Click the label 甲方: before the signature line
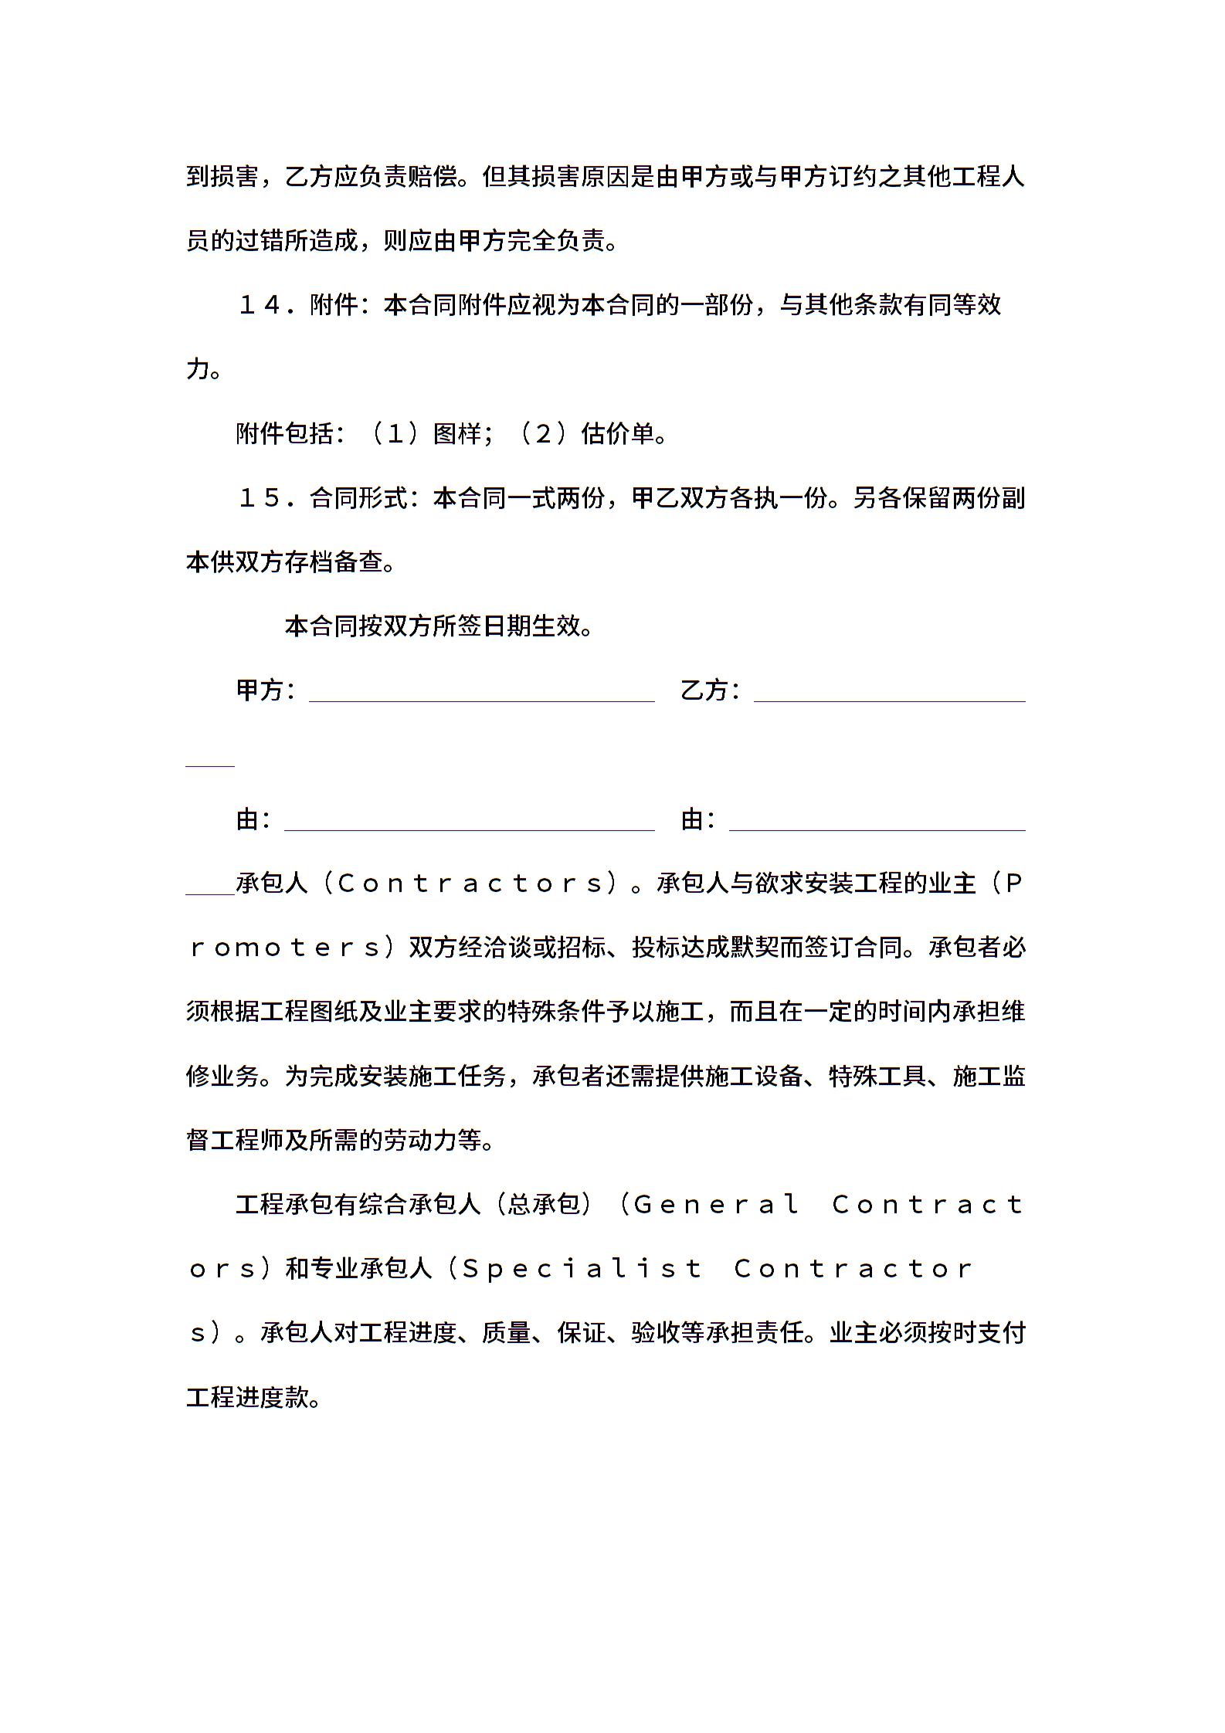tap(265, 690)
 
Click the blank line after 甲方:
tap(481, 700)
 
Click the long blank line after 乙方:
tap(889, 700)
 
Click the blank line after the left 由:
tap(469, 829)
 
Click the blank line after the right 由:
tap(877, 829)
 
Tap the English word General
tap(716, 1204)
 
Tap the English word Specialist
tap(582, 1268)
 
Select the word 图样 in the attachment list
tap(457, 434)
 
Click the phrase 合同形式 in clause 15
tap(358, 498)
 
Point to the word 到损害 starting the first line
tap(222, 177)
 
